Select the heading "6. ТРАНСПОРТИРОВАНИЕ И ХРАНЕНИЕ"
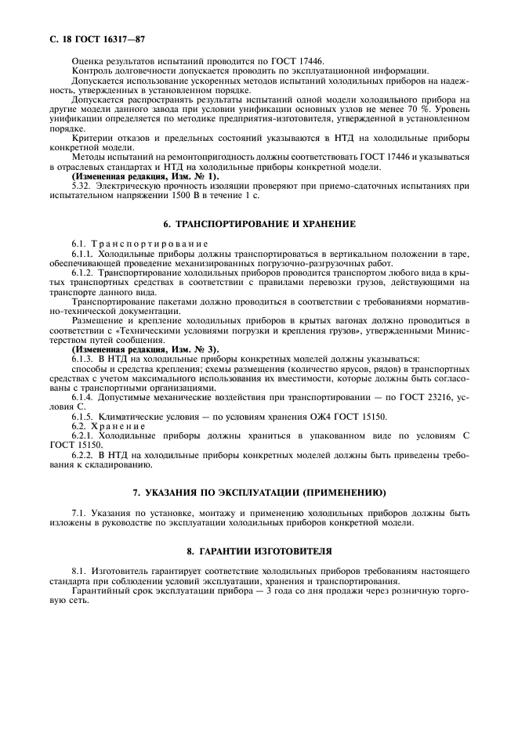(259, 224)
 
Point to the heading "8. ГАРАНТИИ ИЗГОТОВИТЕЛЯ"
(259, 551)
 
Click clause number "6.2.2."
(85, 454)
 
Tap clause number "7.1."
(79, 514)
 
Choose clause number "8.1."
(79, 572)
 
